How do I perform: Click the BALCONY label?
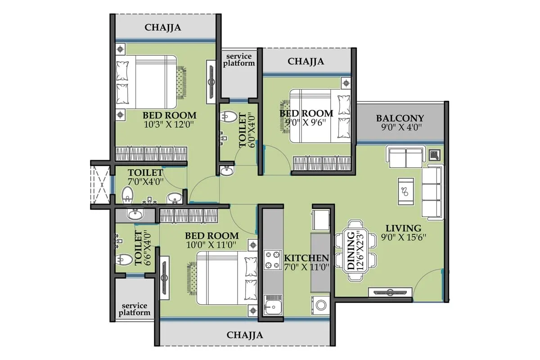400,118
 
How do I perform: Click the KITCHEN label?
306,258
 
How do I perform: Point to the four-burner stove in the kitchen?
273,260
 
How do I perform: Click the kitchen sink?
273,307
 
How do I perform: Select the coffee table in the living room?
406,188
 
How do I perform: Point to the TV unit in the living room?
389,292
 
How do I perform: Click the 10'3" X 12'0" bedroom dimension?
169,125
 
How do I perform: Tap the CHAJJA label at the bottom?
245,335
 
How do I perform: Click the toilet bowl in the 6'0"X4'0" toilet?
229,116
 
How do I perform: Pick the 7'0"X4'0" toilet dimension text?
145,182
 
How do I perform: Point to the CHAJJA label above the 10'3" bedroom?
163,27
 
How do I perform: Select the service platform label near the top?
239,59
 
